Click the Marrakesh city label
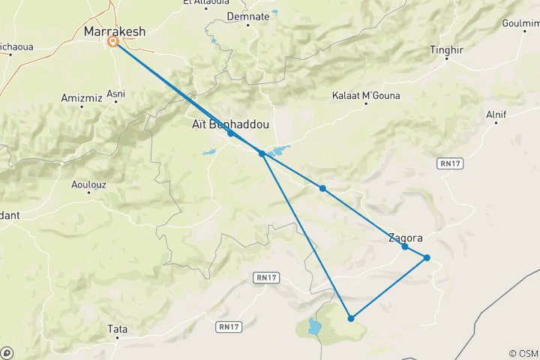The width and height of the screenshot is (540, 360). coord(115,31)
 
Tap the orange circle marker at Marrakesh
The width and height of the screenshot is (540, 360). coord(113,42)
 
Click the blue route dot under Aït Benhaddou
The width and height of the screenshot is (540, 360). coord(231,133)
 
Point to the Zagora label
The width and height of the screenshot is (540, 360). coord(405,238)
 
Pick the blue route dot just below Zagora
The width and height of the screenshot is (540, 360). coord(405,247)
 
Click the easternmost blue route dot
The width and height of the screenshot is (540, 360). coord(427,258)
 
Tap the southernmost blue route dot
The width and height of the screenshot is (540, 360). coord(351,319)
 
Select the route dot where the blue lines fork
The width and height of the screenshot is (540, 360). coord(262,153)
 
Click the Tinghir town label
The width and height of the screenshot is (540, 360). coord(447,49)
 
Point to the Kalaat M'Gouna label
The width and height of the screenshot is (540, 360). coord(366,95)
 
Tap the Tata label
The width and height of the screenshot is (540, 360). coord(117,328)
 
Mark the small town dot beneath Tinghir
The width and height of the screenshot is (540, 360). coord(447,58)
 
